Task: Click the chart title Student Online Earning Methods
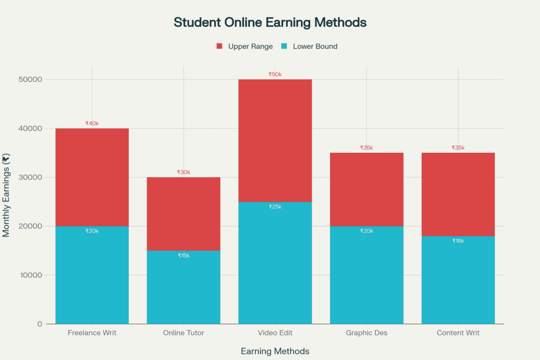270,23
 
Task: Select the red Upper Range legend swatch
219,46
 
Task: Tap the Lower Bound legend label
315,46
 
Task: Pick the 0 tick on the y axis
40,324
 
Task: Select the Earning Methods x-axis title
275,351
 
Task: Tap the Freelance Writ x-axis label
92,333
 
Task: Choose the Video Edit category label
275,333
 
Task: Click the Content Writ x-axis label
458,333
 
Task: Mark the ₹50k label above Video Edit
275,74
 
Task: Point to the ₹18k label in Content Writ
458,241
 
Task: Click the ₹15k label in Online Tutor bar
184,256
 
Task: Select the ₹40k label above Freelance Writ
92,123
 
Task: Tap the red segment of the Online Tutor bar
184,211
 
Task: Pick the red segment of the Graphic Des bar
367,190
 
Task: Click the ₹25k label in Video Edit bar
275,207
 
